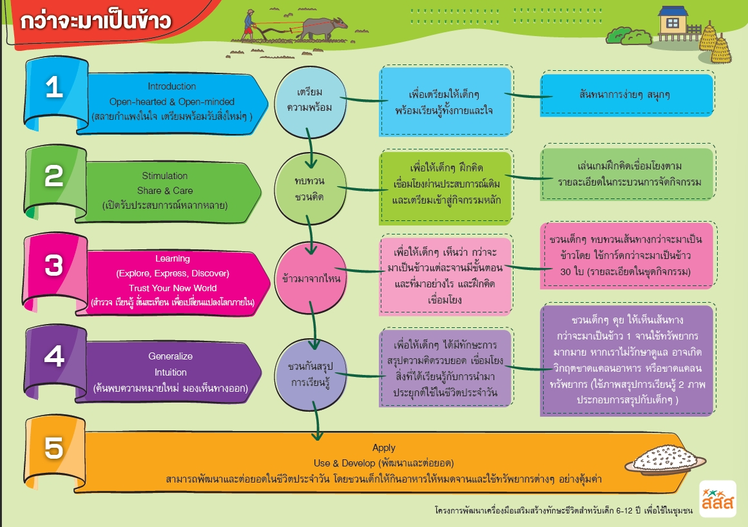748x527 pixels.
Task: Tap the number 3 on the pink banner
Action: pyautogui.click(x=54, y=265)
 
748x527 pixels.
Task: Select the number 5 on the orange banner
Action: pyautogui.click(x=54, y=449)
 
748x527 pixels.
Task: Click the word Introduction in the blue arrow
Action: pyautogui.click(x=171, y=86)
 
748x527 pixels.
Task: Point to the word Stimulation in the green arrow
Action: pyautogui.click(x=165, y=176)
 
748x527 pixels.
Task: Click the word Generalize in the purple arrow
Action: pyautogui.click(x=170, y=356)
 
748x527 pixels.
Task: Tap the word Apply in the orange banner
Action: pyautogui.click(x=384, y=448)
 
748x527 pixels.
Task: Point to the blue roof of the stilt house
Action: pyautogui.click(x=673, y=11)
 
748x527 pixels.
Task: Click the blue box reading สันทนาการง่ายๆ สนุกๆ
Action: pyautogui.click(x=626, y=95)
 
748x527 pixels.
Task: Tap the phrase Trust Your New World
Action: pyautogui.click(x=173, y=288)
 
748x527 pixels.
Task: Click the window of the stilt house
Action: pyautogui.click(x=673, y=23)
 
